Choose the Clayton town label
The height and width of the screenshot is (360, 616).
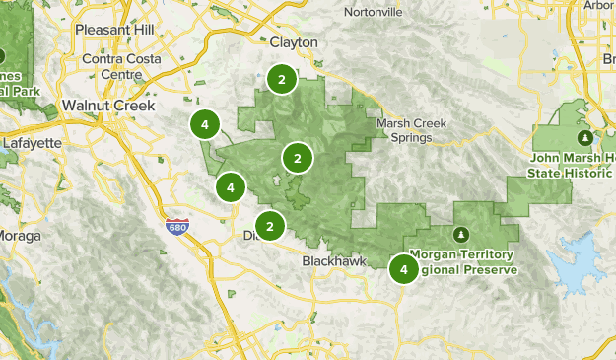click(294, 42)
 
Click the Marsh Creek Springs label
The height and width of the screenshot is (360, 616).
click(404, 130)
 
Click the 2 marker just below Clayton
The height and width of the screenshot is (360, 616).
click(282, 79)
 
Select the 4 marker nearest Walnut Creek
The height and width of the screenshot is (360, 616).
click(204, 125)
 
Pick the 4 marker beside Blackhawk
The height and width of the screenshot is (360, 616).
click(404, 268)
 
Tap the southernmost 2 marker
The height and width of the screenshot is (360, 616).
click(270, 226)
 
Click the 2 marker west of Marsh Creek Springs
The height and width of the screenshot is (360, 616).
click(297, 158)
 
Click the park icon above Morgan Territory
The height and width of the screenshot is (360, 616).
click(460, 234)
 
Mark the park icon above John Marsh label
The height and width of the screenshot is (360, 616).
click(585, 137)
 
